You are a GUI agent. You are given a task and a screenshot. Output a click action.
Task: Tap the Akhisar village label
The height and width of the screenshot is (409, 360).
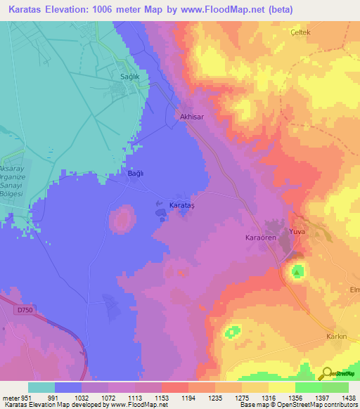tap(191, 117)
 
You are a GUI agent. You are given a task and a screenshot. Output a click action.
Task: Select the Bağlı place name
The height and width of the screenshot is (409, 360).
tap(136, 173)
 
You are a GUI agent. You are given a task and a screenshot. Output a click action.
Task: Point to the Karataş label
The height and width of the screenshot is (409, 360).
tap(184, 204)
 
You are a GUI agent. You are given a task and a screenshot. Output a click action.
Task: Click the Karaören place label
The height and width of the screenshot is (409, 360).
tap(259, 238)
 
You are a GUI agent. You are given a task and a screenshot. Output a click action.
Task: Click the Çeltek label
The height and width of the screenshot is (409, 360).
tap(301, 33)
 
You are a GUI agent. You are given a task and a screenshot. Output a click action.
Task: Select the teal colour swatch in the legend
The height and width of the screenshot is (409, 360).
tap(41, 387)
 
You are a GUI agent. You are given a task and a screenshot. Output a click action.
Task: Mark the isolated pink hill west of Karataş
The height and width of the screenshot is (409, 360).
tap(122, 219)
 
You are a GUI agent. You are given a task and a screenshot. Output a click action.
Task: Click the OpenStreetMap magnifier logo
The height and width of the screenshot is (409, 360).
tap(326, 373)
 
